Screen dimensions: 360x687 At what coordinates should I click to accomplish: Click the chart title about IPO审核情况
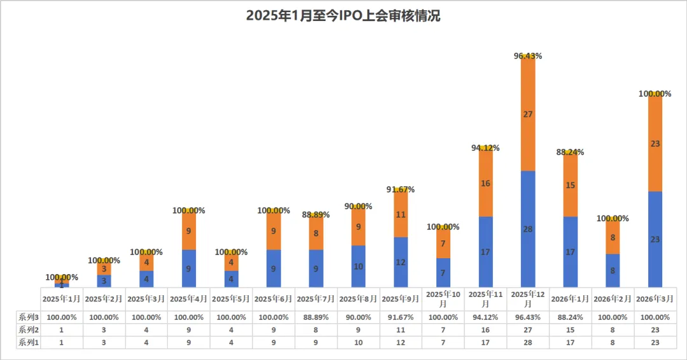click(x=343, y=17)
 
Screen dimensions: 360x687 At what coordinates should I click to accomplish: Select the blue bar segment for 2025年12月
click(x=527, y=229)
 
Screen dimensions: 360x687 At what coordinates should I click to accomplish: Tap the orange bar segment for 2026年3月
click(x=655, y=144)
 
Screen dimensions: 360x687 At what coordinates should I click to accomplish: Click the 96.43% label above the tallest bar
click(x=527, y=56)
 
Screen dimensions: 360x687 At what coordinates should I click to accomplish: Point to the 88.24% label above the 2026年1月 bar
click(x=570, y=152)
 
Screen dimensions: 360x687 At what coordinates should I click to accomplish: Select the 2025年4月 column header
click(x=188, y=298)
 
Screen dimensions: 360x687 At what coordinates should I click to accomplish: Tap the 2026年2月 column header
click(x=613, y=298)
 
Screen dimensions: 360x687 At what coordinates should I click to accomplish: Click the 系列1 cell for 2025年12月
click(x=527, y=342)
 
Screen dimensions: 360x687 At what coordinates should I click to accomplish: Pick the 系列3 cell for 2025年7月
click(x=316, y=317)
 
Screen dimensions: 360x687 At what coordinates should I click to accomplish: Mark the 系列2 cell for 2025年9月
click(x=400, y=329)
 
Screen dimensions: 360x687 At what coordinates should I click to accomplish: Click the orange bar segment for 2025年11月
click(x=485, y=183)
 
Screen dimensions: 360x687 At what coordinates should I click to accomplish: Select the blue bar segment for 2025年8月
click(x=358, y=267)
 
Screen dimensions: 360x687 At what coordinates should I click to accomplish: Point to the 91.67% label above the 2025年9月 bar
click(x=400, y=190)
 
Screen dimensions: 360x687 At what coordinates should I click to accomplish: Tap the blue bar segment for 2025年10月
click(x=443, y=273)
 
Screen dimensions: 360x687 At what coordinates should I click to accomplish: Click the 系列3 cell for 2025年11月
click(x=485, y=317)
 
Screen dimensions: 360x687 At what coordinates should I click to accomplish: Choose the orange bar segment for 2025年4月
click(x=188, y=231)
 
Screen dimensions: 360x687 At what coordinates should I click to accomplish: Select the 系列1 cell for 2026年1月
click(x=570, y=342)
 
